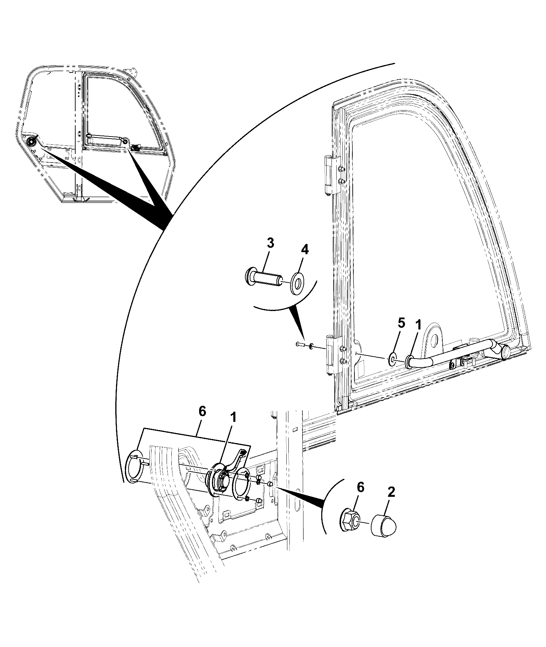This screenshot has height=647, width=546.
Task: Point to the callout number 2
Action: click(391, 492)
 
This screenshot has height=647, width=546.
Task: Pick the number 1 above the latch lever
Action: click(234, 418)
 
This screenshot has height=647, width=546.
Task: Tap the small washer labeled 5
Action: click(393, 359)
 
